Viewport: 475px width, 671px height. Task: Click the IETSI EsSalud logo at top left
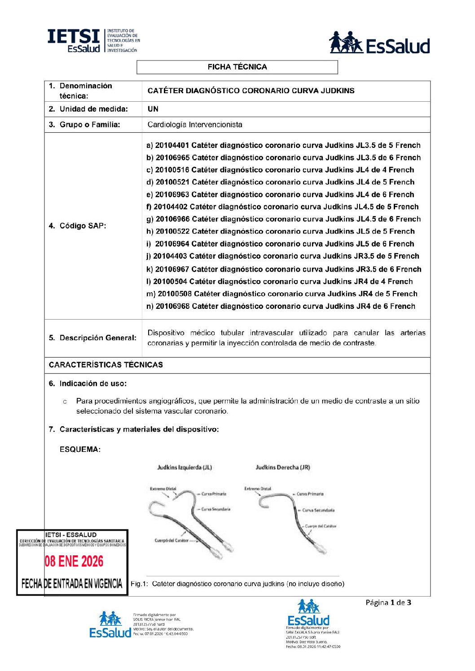93,41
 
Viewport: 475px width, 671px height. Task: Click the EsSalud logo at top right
379,43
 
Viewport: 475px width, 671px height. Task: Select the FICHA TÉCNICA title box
237,67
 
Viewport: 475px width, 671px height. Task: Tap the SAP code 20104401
172,145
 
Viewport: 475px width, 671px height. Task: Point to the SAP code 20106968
173,306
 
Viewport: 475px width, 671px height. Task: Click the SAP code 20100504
170,281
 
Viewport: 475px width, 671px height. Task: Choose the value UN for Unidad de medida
153,109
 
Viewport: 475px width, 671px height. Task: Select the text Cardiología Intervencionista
195,125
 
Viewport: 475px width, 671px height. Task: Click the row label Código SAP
78,225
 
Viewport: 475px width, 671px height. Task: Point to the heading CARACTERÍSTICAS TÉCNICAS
106,365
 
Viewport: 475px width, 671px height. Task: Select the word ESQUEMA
80,449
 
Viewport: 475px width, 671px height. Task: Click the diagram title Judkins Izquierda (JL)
185,468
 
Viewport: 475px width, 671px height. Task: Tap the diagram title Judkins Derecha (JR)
283,468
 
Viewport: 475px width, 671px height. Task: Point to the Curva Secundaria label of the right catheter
318,510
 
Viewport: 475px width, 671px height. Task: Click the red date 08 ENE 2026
74,561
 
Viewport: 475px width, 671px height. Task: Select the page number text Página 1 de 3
388,602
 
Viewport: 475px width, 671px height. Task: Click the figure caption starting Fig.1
237,584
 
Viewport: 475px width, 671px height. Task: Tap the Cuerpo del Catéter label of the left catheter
172,541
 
